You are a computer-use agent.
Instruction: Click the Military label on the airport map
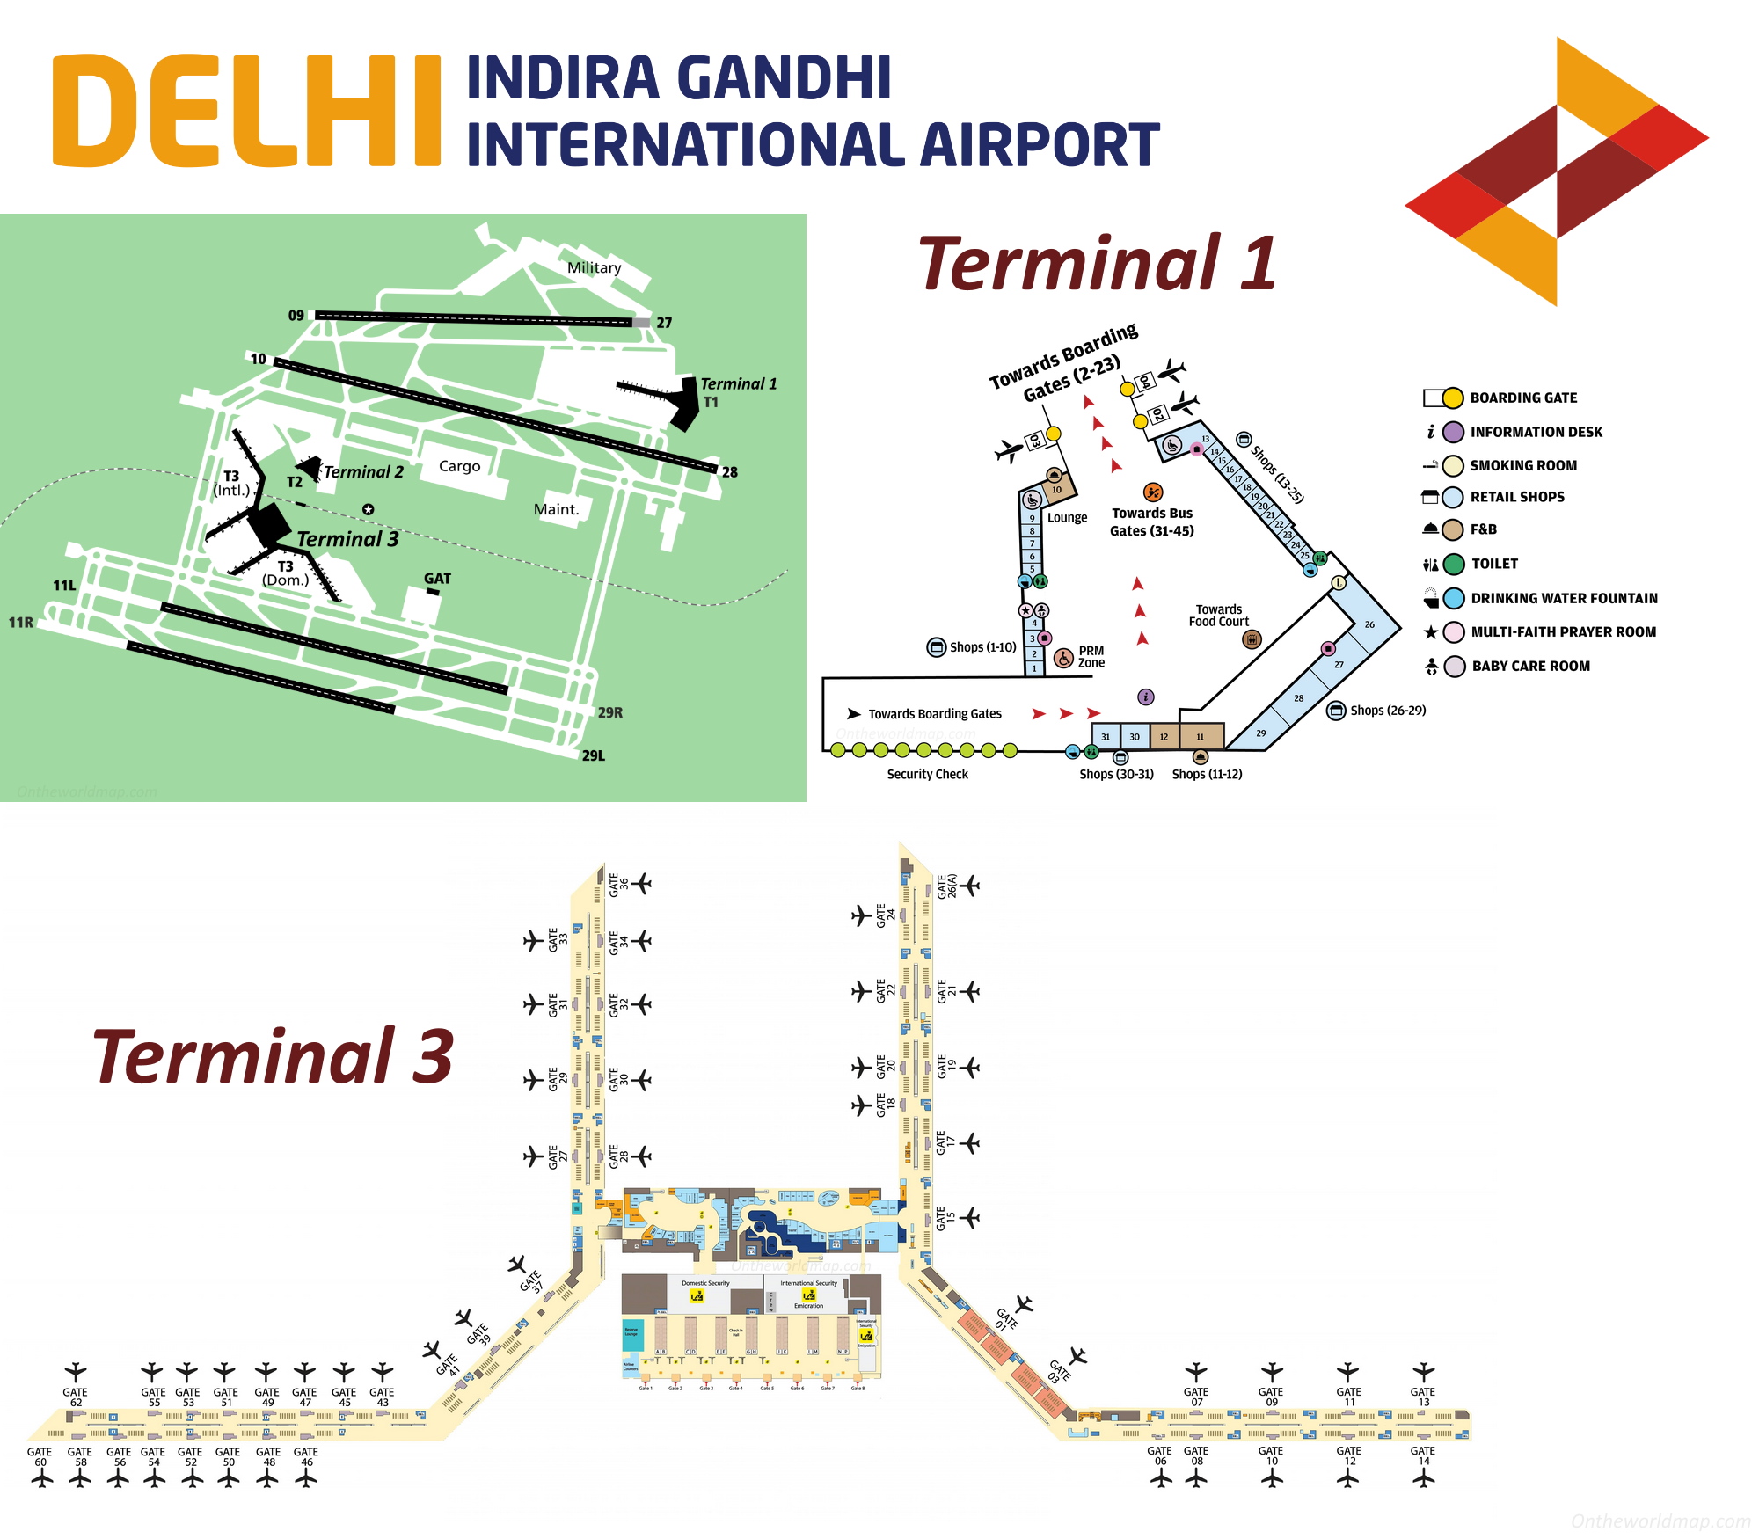click(x=594, y=267)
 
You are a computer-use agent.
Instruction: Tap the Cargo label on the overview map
click(x=459, y=466)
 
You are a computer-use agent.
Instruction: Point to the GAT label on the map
click(x=437, y=579)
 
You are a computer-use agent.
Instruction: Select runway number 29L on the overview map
click(x=593, y=755)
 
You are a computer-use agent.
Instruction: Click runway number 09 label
click(x=296, y=316)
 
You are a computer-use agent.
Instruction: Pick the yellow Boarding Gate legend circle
click(x=1453, y=398)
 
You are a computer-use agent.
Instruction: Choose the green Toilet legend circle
click(x=1454, y=564)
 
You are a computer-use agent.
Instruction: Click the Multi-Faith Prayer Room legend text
click(x=1563, y=632)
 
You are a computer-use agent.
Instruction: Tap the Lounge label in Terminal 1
click(x=1067, y=518)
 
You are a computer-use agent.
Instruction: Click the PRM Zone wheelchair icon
click(x=1063, y=658)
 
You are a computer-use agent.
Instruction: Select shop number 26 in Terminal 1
click(x=1369, y=625)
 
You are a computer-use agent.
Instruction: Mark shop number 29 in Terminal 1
click(x=1260, y=733)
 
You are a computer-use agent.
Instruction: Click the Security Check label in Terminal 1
click(x=927, y=775)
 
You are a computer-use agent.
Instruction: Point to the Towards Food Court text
click(x=1218, y=616)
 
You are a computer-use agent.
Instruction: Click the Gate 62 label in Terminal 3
click(x=76, y=1397)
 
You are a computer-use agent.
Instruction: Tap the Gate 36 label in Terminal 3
click(x=618, y=885)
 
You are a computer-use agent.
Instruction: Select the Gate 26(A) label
click(x=946, y=886)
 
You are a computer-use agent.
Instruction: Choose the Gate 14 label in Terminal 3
click(x=1422, y=1455)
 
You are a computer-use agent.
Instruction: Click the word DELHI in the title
click(x=246, y=110)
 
